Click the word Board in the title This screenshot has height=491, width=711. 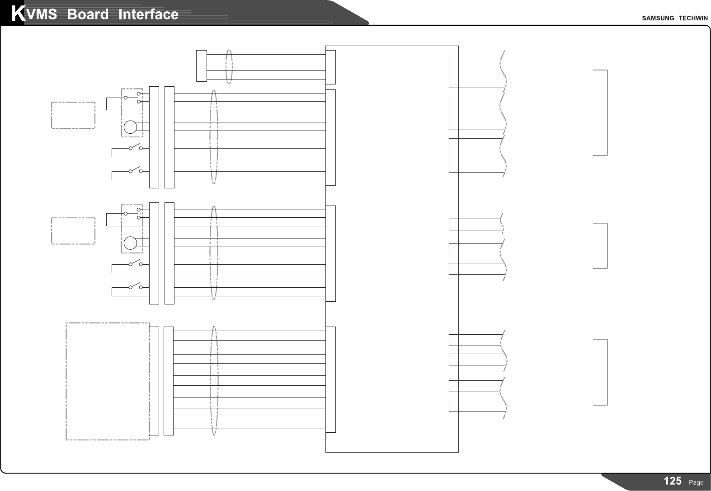pos(88,14)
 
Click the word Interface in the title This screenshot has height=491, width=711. pos(148,14)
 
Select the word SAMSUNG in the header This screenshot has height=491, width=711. pos(658,18)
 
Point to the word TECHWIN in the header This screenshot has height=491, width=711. pos(693,18)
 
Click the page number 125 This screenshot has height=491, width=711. pos(673,481)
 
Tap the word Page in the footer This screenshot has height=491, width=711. pos(696,482)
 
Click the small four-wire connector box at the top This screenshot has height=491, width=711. pos(202,66)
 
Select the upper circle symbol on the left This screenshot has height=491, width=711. pos(130,127)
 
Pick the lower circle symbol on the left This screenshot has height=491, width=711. pos(130,243)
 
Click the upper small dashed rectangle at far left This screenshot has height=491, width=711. pos(73,115)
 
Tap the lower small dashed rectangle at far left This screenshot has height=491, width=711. pos(73,231)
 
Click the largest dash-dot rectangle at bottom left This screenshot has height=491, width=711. pos(108,381)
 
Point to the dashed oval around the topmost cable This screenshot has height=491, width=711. pos(229,66)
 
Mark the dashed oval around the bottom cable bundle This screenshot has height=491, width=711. pos(214,381)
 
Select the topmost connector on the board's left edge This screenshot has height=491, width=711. pos(331,67)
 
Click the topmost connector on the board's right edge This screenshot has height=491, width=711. pos(453,70)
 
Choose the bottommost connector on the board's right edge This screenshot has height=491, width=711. pos(453,406)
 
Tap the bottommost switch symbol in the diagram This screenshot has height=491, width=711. pos(135,286)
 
